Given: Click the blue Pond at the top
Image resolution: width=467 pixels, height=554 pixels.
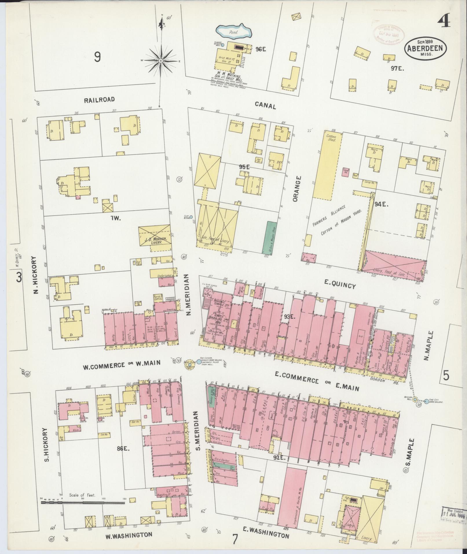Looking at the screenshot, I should coord(234,31).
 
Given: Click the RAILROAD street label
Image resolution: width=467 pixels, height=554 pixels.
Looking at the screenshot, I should coord(99,100).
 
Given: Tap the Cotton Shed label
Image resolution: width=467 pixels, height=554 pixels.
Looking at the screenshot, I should coord(331,138).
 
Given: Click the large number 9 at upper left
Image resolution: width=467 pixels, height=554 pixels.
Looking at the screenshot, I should coord(97,57).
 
